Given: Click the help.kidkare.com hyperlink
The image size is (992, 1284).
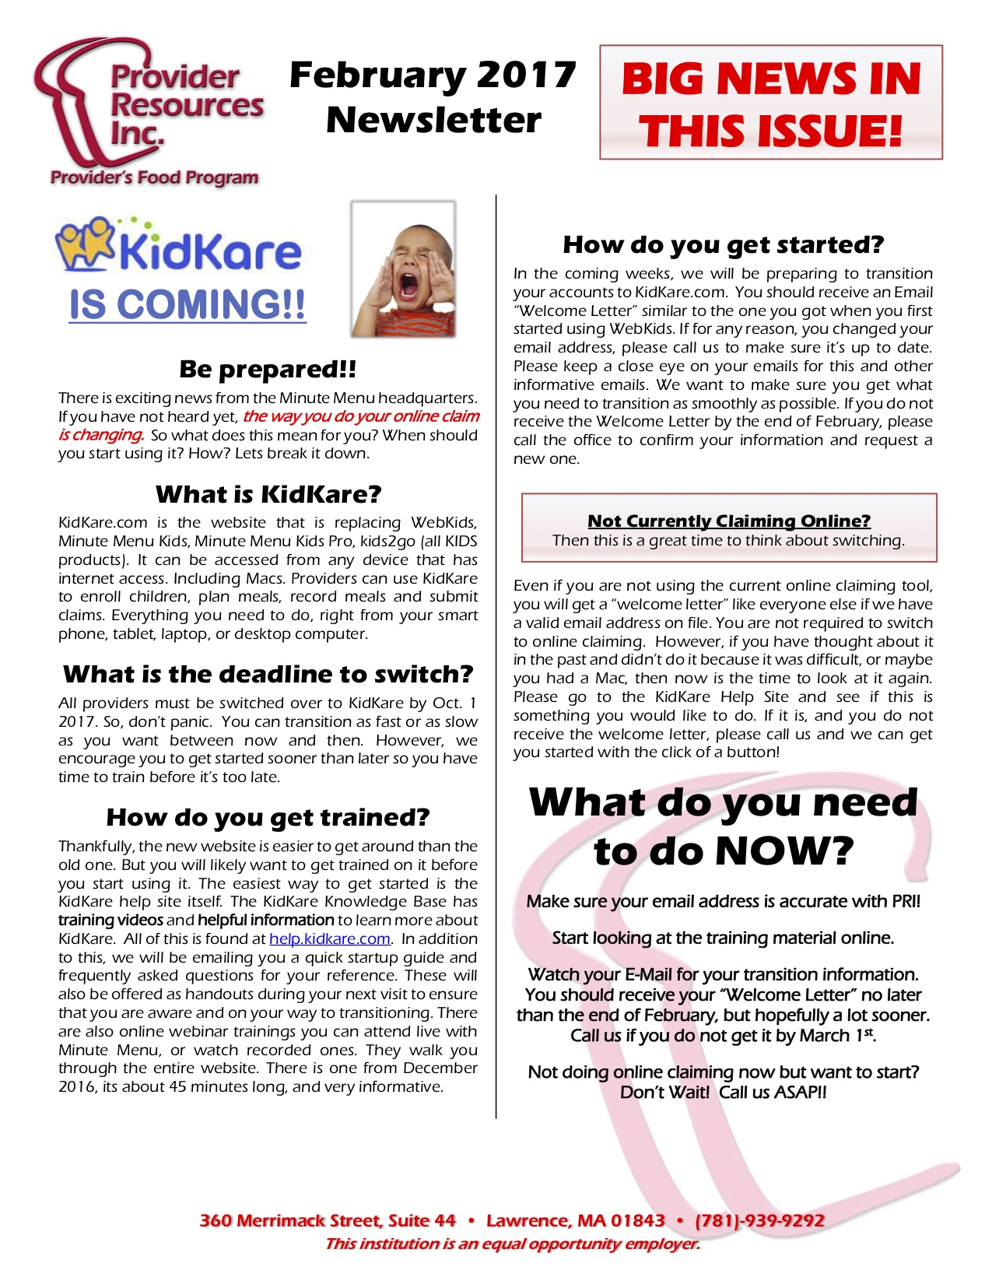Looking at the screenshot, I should (x=329, y=939).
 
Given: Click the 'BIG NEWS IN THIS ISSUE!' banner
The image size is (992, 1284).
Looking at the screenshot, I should (x=770, y=103).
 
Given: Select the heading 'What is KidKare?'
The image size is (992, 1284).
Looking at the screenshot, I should (x=268, y=494).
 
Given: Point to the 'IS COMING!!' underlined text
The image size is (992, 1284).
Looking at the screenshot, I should (x=188, y=304).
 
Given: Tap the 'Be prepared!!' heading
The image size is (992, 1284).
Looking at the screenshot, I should (x=268, y=369).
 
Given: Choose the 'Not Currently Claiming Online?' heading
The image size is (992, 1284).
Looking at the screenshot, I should (x=729, y=521).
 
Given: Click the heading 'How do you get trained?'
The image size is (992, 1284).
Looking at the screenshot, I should (x=268, y=817).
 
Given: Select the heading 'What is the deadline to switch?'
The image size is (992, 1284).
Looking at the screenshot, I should (x=268, y=674).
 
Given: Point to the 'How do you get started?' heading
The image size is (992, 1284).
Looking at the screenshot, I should (x=723, y=244).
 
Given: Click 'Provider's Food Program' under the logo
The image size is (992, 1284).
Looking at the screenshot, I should (x=154, y=177).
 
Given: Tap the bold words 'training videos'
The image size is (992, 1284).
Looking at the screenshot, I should (x=110, y=921).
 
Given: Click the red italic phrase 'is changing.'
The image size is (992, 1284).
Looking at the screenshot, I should (x=101, y=435).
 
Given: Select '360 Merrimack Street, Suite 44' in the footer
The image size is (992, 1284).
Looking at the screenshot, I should (x=328, y=1220).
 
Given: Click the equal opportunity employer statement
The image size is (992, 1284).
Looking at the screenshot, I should (x=512, y=1244).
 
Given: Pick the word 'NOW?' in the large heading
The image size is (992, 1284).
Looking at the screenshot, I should (x=784, y=850).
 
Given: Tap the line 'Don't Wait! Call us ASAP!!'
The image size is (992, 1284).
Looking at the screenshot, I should (x=723, y=1093).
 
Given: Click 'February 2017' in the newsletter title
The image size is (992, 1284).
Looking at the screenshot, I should (x=433, y=75).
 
